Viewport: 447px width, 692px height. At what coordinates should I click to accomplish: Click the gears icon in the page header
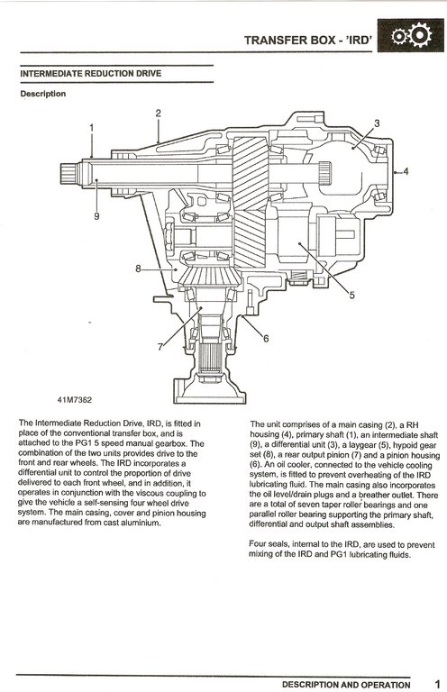(411, 36)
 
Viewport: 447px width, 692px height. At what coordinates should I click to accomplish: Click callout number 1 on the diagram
(92, 128)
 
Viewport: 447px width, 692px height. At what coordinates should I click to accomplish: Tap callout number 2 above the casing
(158, 113)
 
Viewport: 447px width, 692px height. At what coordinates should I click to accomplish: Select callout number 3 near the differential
(377, 123)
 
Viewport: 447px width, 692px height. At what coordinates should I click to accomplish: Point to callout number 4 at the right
(406, 171)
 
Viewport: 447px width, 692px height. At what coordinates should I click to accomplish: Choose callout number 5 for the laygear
(351, 295)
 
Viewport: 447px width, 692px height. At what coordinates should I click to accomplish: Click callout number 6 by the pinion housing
(266, 339)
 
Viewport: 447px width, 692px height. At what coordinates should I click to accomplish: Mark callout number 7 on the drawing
(160, 347)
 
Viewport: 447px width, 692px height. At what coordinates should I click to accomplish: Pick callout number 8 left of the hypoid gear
(138, 269)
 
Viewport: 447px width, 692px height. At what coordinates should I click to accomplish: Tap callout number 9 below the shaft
(96, 216)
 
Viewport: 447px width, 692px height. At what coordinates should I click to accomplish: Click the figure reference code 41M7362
(75, 400)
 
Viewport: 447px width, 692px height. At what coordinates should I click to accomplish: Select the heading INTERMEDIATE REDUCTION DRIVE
(91, 74)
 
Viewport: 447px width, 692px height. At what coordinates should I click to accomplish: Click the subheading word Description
(42, 94)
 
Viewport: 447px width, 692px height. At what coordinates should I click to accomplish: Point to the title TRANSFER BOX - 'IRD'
(308, 41)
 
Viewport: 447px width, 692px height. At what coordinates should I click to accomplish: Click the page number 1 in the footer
(437, 684)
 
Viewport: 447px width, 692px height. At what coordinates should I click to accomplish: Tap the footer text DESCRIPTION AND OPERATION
(346, 685)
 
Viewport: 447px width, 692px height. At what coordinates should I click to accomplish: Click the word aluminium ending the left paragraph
(141, 523)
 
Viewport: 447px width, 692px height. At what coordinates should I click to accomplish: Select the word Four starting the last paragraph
(258, 544)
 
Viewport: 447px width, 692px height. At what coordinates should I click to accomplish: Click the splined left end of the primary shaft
(68, 174)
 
